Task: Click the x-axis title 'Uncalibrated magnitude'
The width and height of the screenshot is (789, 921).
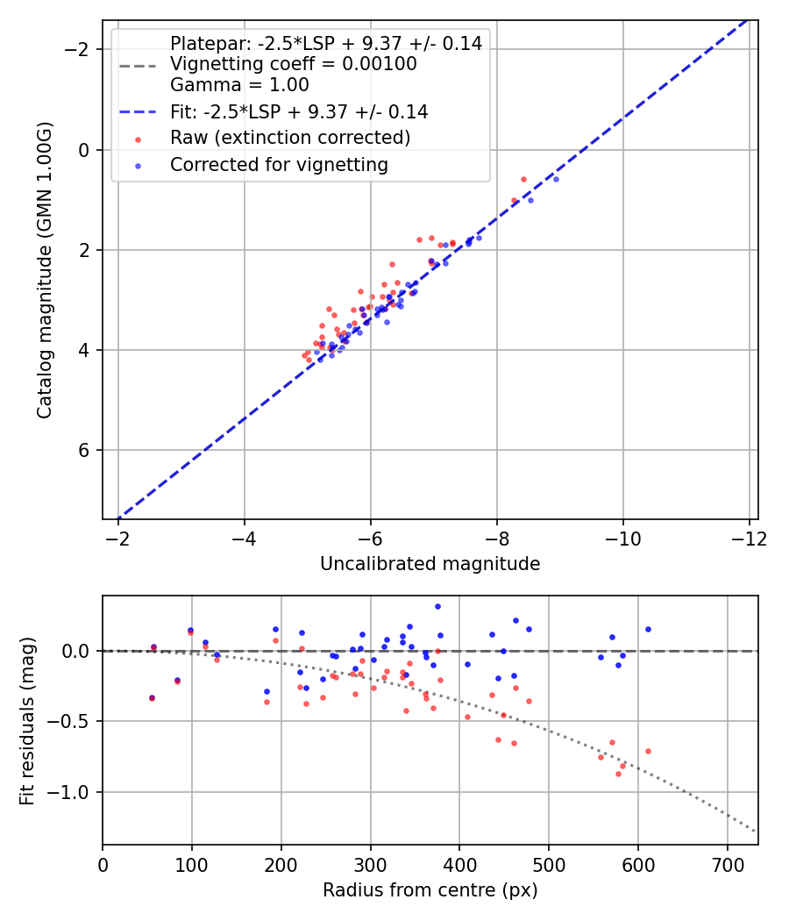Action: click(x=430, y=564)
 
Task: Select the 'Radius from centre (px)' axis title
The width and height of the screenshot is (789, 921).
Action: click(x=430, y=890)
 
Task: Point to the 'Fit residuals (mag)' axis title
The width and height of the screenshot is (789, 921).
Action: click(x=26, y=720)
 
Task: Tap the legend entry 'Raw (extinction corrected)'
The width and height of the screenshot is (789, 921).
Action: click(x=290, y=138)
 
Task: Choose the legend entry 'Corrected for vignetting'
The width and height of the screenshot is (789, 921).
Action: click(x=279, y=164)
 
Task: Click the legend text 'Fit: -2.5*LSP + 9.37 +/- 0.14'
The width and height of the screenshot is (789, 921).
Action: click(x=299, y=111)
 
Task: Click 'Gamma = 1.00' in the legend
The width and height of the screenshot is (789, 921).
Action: click(x=239, y=85)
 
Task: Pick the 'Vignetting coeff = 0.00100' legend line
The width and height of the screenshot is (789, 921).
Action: click(x=294, y=64)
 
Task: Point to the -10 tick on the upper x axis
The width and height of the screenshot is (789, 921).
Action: click(x=623, y=537)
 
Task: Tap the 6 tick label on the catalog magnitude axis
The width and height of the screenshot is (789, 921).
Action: click(x=85, y=450)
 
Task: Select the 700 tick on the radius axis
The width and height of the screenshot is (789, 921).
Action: click(x=727, y=863)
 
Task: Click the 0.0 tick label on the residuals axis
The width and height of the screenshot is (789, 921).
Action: click(x=77, y=651)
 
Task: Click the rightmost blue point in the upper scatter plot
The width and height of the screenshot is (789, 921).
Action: click(x=556, y=179)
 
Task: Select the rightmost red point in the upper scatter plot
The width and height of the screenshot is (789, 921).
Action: click(x=524, y=179)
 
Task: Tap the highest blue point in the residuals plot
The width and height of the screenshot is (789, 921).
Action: click(x=437, y=606)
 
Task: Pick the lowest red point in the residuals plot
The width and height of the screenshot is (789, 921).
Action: click(x=618, y=774)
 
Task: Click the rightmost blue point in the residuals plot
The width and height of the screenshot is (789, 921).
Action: click(x=648, y=629)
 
